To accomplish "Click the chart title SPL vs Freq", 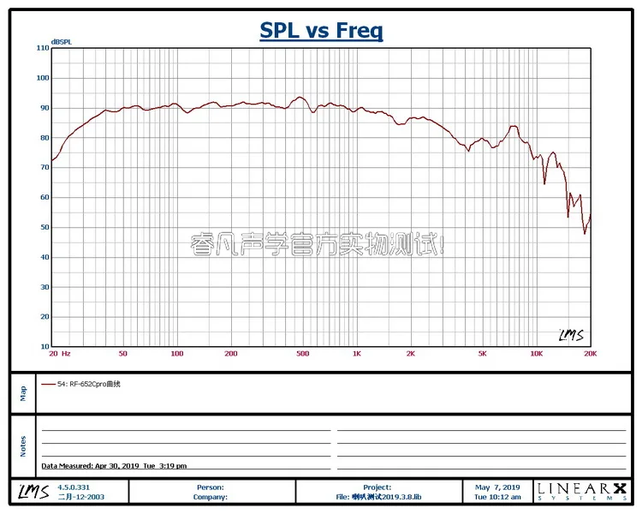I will click(x=321, y=32).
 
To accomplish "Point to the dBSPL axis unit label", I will click(x=61, y=41).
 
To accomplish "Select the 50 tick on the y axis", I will click(x=43, y=227).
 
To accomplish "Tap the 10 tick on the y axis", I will click(x=43, y=346).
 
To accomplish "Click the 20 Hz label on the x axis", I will click(x=59, y=354).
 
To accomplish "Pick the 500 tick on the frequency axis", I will click(x=302, y=354).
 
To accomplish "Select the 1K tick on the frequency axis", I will click(x=357, y=354).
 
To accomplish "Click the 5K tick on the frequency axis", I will click(x=482, y=354).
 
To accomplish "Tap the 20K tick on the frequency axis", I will click(x=590, y=354).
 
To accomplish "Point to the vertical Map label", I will click(x=23, y=392).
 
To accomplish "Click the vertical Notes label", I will click(x=23, y=445).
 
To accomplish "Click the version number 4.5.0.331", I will click(x=73, y=487).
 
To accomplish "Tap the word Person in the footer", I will click(x=211, y=487).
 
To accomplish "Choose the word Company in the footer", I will click(x=211, y=496).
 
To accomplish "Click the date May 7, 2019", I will click(x=497, y=487).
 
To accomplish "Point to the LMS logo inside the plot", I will click(x=571, y=335).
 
